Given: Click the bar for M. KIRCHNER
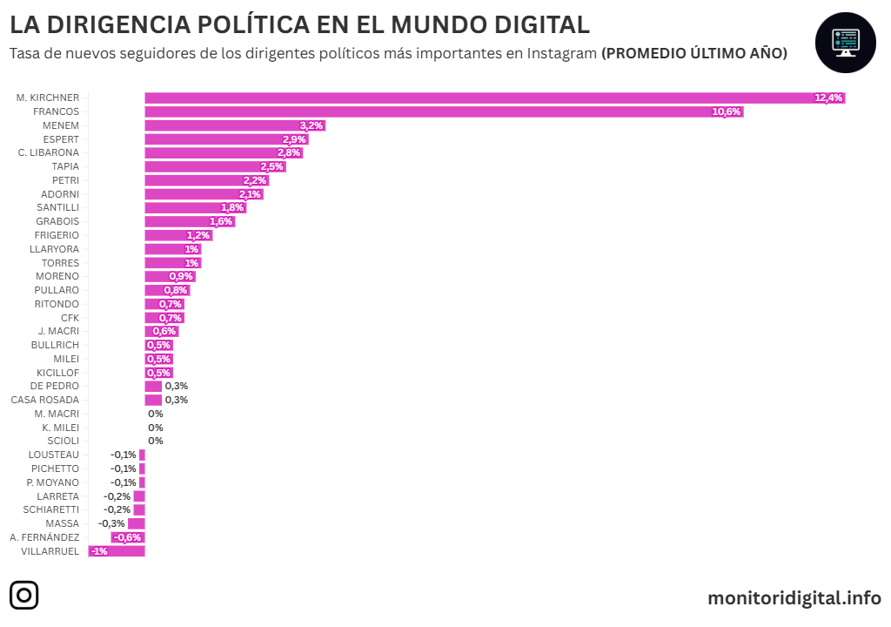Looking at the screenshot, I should (487, 98).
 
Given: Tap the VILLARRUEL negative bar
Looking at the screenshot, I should (117, 551).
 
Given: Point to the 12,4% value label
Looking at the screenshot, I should (828, 98).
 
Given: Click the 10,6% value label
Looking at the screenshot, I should (726, 111).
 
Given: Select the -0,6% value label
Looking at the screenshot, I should (128, 537).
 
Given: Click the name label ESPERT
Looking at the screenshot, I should (61, 139).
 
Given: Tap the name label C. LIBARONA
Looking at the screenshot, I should (49, 152).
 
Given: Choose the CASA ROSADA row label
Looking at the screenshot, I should (45, 400).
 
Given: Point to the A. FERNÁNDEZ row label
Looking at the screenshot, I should (44, 537).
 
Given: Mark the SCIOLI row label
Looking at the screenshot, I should (63, 441).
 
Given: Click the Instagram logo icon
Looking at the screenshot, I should (24, 597).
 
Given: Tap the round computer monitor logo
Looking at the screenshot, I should (845, 43).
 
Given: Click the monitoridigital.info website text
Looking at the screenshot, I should (794, 598).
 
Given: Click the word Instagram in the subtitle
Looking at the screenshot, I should (562, 53).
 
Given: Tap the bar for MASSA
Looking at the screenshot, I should (137, 523).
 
